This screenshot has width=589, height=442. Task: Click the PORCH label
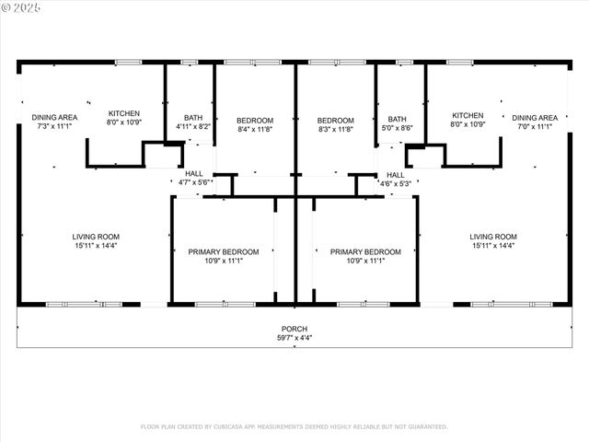(x=294, y=329)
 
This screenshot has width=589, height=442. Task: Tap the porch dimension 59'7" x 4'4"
(x=294, y=337)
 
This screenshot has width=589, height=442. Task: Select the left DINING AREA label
(x=54, y=117)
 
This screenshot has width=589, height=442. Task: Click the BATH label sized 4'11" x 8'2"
(x=192, y=117)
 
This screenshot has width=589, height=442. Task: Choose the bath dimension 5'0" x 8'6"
(x=397, y=127)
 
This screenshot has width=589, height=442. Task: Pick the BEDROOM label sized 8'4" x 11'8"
(x=255, y=121)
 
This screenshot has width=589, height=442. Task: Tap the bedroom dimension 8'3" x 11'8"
(x=335, y=129)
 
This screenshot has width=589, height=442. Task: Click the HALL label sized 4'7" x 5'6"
(x=194, y=173)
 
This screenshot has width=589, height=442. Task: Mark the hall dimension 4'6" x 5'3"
(x=395, y=182)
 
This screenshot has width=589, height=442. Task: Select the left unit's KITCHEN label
(x=124, y=113)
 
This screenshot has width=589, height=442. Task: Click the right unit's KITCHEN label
(x=468, y=115)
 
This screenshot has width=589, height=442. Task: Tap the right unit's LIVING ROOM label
(x=493, y=237)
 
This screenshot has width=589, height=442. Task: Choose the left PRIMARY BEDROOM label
(x=224, y=251)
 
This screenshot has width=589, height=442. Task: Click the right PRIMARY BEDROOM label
(x=366, y=251)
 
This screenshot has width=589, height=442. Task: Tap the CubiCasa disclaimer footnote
(x=294, y=426)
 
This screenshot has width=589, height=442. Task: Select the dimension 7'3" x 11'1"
(x=54, y=125)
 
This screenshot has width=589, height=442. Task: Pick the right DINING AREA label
(x=535, y=117)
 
